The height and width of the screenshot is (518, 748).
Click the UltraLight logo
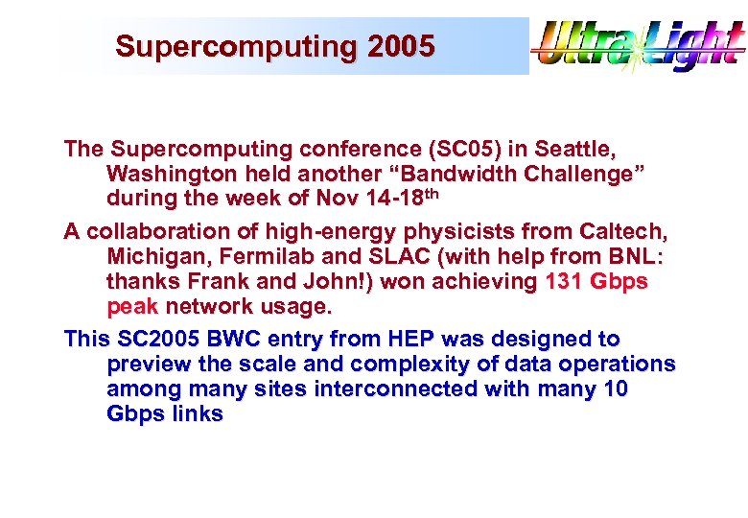click(638, 46)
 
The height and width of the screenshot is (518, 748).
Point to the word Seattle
click(574, 150)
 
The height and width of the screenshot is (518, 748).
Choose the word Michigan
click(152, 257)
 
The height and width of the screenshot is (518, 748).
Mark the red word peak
click(132, 307)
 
